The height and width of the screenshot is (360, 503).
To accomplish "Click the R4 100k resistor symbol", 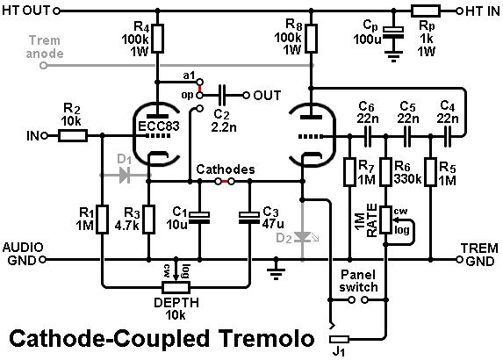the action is pos(157,38).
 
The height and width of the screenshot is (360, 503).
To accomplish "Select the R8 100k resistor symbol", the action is pos(311,38).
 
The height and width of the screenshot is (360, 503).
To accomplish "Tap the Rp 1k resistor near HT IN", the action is pos(426,11).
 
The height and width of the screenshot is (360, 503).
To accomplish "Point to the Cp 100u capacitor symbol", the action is pos(393,32).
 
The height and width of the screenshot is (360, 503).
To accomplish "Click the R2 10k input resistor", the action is pos(73,136).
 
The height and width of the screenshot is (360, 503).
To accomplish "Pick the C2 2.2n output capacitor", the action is pos(222,96).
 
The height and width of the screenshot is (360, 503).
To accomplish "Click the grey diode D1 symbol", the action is pos(125,176).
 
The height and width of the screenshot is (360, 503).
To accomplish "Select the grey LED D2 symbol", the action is pos(303,237).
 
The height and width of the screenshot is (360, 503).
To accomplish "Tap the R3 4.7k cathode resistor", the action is pos(148,220).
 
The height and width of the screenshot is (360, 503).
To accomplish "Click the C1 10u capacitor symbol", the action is pos(199,218).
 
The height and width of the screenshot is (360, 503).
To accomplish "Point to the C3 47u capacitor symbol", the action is pos(249,218).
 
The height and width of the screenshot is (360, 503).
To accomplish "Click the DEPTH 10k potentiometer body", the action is pos(176,287).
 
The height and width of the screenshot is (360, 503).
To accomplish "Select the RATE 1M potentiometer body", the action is pos(386,220).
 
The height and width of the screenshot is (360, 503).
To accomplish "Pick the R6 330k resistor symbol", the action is pos(386,172).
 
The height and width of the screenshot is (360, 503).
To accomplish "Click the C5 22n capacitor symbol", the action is pos(407,136).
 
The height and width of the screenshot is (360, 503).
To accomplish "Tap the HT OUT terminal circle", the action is pos(56,11).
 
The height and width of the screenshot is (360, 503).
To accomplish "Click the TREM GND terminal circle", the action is pos(460,259).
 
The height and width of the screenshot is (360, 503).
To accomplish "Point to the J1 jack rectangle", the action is pos(339,339).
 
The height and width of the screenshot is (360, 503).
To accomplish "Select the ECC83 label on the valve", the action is pos(159,126).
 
